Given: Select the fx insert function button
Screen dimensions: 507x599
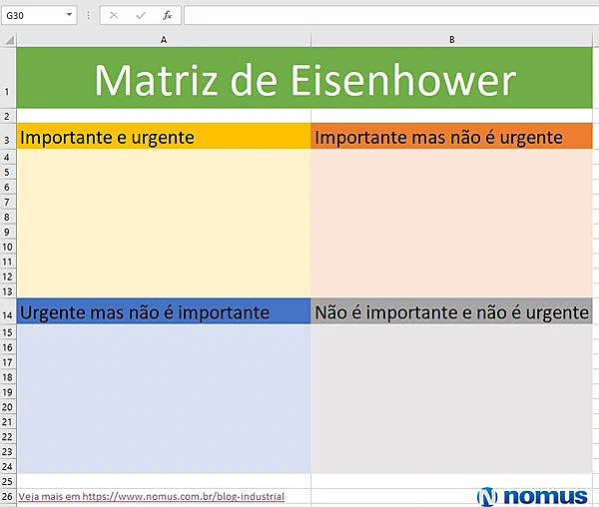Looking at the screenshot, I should point(167,16).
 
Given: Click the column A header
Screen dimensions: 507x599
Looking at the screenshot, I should point(163,39).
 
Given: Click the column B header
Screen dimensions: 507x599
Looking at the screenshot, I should point(452,39).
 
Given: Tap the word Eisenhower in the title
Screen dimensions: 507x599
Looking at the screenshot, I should point(403,80).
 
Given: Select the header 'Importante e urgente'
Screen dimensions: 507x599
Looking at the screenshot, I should point(108,137).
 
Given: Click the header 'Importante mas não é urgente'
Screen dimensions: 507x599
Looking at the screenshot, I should point(438,137).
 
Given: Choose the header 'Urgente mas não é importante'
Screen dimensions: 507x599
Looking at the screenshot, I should point(145,312).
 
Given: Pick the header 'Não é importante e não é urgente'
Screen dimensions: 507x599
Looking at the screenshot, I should point(451,312).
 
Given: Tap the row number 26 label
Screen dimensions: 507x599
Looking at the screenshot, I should point(8,496).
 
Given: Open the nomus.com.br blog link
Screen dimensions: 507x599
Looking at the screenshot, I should point(151,496).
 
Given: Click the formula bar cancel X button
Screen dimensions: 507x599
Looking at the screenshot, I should point(114,16).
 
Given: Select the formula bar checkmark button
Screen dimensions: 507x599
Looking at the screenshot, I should point(141,16).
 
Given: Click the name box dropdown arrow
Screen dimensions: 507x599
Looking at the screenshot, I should point(70,16).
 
